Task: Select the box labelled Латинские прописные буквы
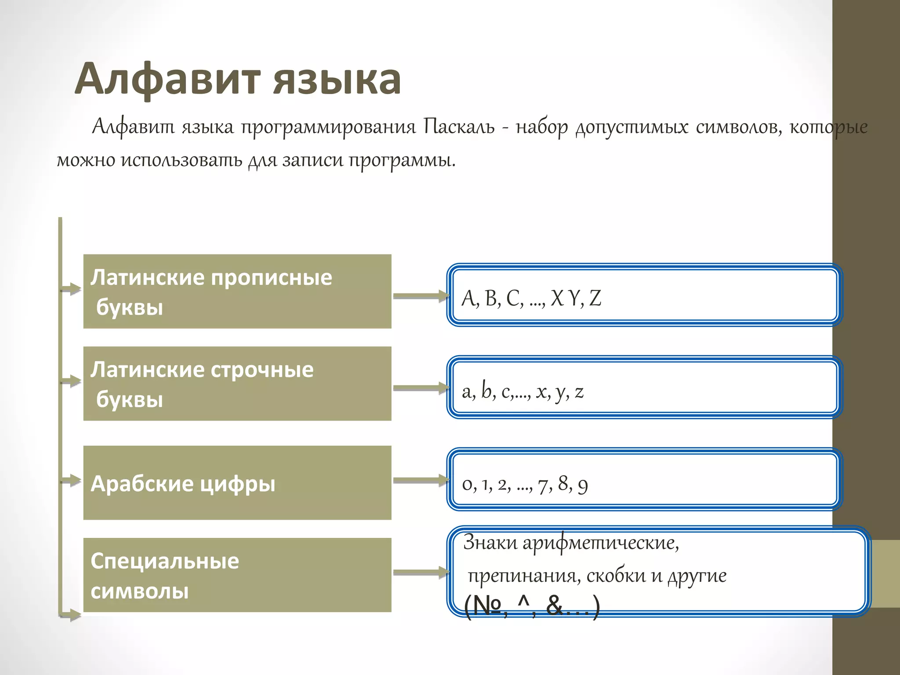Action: pyautogui.click(x=237, y=291)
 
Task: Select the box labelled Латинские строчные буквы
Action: pyautogui.click(x=237, y=384)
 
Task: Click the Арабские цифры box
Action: pyautogui.click(x=237, y=483)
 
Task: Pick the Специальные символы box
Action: pyautogui.click(x=237, y=575)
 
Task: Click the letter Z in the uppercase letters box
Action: pyautogui.click(x=595, y=298)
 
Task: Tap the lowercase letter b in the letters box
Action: pyautogui.click(x=486, y=390)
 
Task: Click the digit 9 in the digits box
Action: pyautogui.click(x=583, y=485)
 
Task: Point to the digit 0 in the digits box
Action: pyautogui.click(x=467, y=484)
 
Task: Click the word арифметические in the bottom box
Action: pyautogui.click(x=600, y=543)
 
